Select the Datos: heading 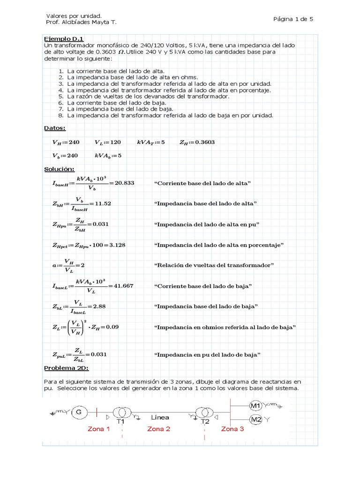click(55, 128)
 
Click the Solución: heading click(59, 169)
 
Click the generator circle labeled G click(79, 412)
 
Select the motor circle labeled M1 click(255, 405)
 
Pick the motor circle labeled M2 click(255, 420)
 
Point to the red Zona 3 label click(232, 428)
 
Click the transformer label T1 click(120, 421)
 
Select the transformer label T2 click(205, 421)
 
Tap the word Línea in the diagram click(160, 417)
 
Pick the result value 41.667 click(121, 285)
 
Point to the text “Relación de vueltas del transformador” click(214, 265)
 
